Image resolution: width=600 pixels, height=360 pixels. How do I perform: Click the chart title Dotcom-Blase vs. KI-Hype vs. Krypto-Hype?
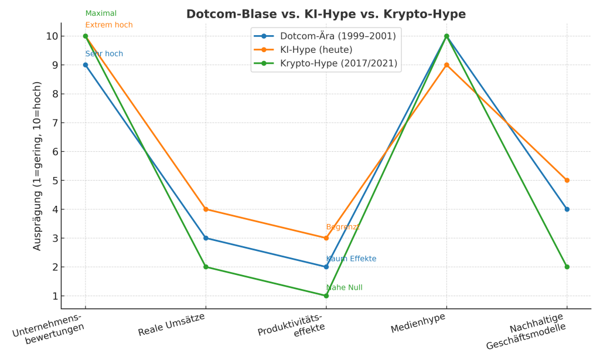pyautogui.click(x=326, y=14)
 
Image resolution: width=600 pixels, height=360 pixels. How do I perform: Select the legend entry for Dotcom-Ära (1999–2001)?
pyautogui.click(x=337, y=36)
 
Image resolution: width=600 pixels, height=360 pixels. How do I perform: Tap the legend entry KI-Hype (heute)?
pyautogui.click(x=316, y=50)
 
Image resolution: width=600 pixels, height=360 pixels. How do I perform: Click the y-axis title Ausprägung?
pyautogui.click(x=37, y=167)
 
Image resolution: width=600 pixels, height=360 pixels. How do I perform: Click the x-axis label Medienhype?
pyautogui.click(x=418, y=323)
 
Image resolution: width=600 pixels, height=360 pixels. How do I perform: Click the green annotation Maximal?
pyautogui.click(x=101, y=13)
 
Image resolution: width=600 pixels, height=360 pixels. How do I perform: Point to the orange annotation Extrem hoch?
pyautogui.click(x=109, y=25)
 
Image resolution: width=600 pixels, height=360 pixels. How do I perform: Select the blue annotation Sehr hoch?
pyautogui.click(x=104, y=54)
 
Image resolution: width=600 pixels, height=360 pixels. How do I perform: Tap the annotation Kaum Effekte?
pyautogui.click(x=351, y=259)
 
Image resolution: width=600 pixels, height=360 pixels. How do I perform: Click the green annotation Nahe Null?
pyautogui.click(x=345, y=287)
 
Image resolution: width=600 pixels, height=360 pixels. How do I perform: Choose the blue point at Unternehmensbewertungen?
pyautogui.click(x=86, y=65)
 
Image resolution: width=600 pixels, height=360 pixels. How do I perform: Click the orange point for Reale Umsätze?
pyautogui.click(x=206, y=209)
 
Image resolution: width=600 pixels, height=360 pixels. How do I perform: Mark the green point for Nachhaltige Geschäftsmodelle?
pyautogui.click(x=567, y=267)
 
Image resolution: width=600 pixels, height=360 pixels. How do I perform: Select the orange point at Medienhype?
pyautogui.click(x=446, y=65)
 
